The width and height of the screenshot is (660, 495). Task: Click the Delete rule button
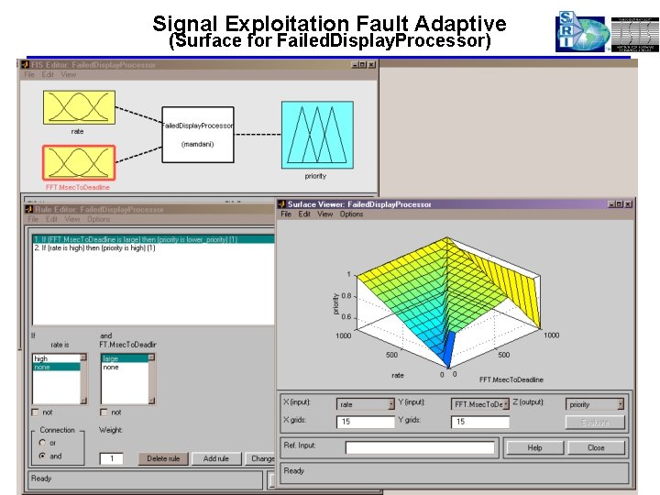coord(164,458)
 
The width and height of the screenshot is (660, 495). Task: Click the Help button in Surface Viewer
coord(534,447)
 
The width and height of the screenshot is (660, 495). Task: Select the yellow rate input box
coord(77,107)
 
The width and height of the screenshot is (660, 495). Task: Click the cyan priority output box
coord(315,135)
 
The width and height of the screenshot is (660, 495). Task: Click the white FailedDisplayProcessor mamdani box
coord(197,134)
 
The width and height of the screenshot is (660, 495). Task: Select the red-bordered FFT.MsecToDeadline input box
coord(77,162)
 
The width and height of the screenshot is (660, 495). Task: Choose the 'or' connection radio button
coord(42,443)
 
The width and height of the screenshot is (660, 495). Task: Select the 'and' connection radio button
coord(42,456)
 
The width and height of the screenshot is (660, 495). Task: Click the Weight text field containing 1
coord(111,458)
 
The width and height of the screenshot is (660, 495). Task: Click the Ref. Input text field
coord(420,447)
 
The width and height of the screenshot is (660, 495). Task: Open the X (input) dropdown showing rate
coord(366,403)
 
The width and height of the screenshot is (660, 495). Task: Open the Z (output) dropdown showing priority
coord(595,403)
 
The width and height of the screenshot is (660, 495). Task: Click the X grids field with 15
coord(366,421)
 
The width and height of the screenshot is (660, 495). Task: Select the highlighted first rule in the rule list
coord(150,239)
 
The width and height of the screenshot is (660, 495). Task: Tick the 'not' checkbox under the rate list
coord(36,412)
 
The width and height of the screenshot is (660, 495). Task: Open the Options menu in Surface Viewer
coord(351,214)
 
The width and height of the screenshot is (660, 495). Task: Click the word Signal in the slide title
coord(186,23)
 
